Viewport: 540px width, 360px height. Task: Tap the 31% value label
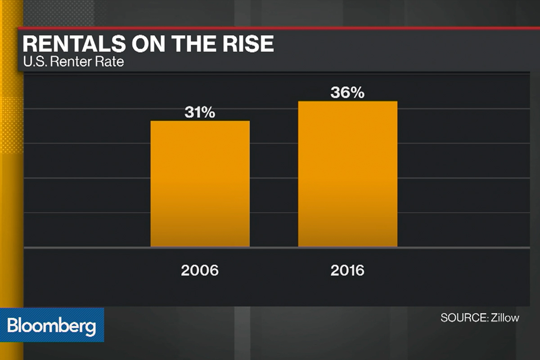pos(200,112)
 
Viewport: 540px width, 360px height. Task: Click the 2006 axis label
pos(200,271)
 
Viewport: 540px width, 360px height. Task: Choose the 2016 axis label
pos(347,271)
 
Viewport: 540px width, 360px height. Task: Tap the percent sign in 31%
pos(208,112)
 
